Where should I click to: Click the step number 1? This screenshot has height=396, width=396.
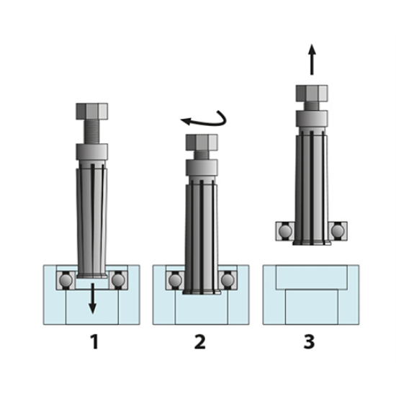pos(94,341)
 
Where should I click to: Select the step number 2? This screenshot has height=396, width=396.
pos(199,341)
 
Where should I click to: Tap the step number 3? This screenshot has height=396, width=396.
pos(309,341)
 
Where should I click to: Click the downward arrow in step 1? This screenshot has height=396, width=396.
pos(93,299)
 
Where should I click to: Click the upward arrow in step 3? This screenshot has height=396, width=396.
pos(312,60)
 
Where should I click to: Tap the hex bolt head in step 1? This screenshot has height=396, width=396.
pos(92,111)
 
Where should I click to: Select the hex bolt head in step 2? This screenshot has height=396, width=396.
pos(202,143)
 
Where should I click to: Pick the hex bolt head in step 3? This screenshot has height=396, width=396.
pos(312,94)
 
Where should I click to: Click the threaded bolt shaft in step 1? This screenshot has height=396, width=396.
pos(92,132)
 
